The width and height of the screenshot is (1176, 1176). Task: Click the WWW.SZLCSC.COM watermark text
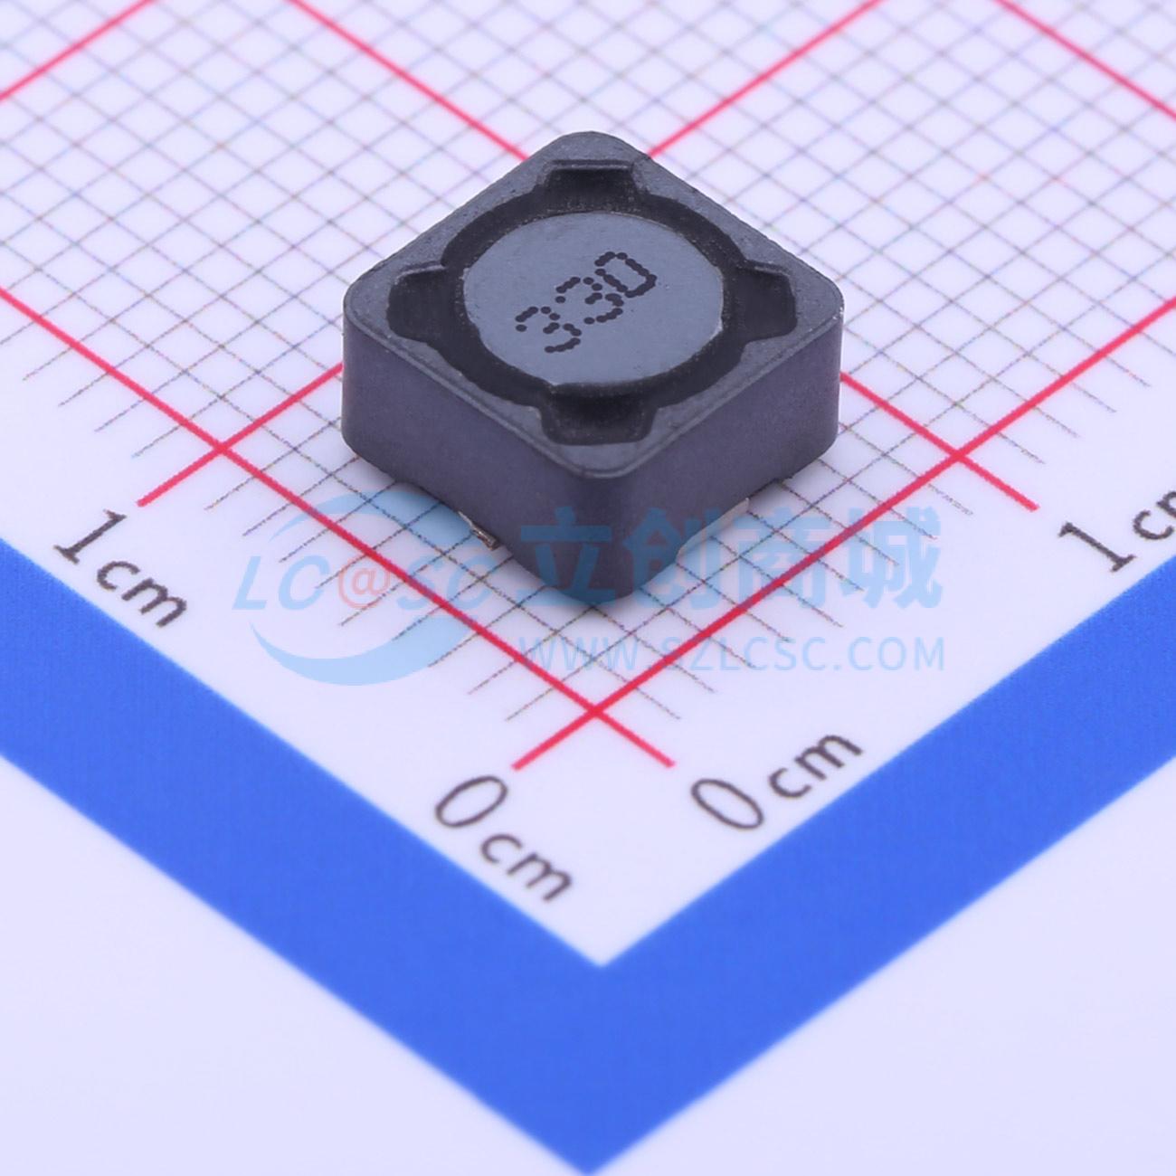733,652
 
